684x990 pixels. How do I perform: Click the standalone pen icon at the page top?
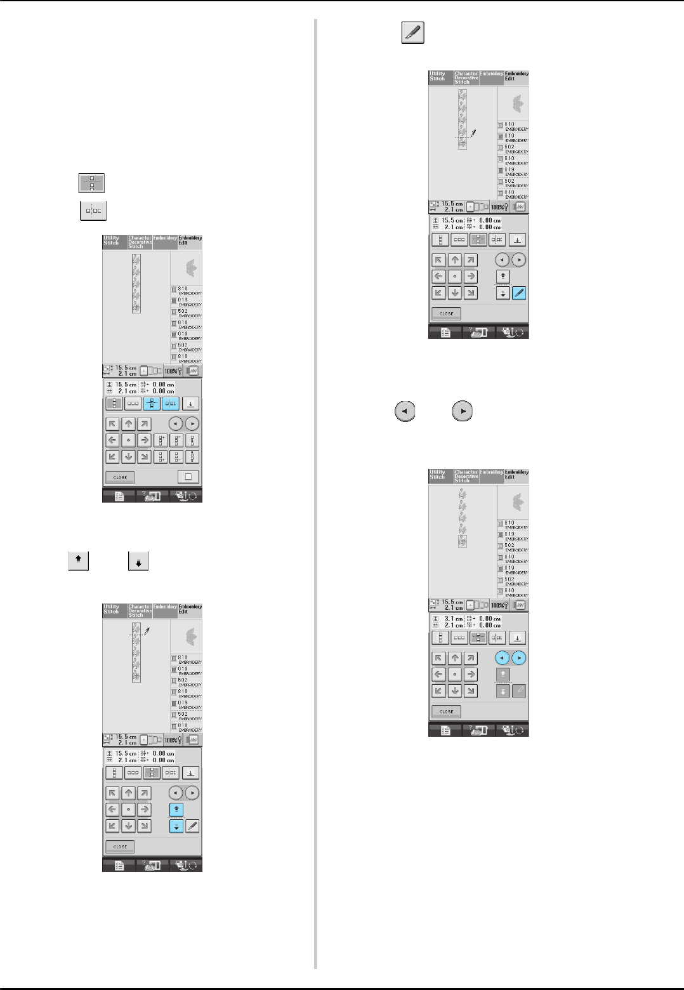click(x=412, y=33)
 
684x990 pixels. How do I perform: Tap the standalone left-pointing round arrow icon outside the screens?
click(x=405, y=411)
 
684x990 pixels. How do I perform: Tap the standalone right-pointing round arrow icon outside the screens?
click(x=463, y=411)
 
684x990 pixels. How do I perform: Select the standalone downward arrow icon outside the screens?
click(x=138, y=562)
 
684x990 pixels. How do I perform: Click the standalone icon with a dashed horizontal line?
click(x=91, y=183)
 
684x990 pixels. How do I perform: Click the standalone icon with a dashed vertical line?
click(x=93, y=211)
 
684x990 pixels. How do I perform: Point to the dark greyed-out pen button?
click(x=518, y=691)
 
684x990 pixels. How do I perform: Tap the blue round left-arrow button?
click(x=503, y=658)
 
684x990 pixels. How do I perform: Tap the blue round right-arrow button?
click(x=519, y=658)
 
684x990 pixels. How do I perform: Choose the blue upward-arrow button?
click(x=176, y=809)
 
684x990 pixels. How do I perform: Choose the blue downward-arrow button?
click(x=176, y=826)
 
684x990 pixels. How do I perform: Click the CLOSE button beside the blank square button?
click(x=120, y=477)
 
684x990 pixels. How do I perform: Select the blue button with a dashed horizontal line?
click(x=152, y=404)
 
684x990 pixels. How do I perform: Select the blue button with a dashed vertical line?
click(x=171, y=404)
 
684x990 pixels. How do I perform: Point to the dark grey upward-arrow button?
click(x=503, y=675)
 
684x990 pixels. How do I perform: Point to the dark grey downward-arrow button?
click(x=503, y=691)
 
